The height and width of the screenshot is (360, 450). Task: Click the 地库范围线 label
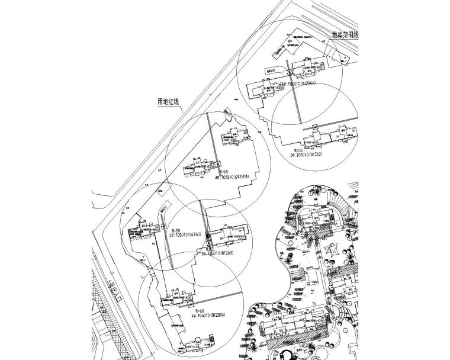(x=345, y=35)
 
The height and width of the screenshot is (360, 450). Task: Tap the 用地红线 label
(x=168, y=102)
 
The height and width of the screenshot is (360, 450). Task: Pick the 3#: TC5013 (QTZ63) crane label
(x=186, y=235)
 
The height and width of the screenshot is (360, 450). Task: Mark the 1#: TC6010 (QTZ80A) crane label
(x=205, y=316)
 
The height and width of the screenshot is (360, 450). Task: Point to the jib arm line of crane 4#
(x=214, y=142)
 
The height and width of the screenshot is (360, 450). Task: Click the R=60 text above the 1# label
(x=200, y=310)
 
